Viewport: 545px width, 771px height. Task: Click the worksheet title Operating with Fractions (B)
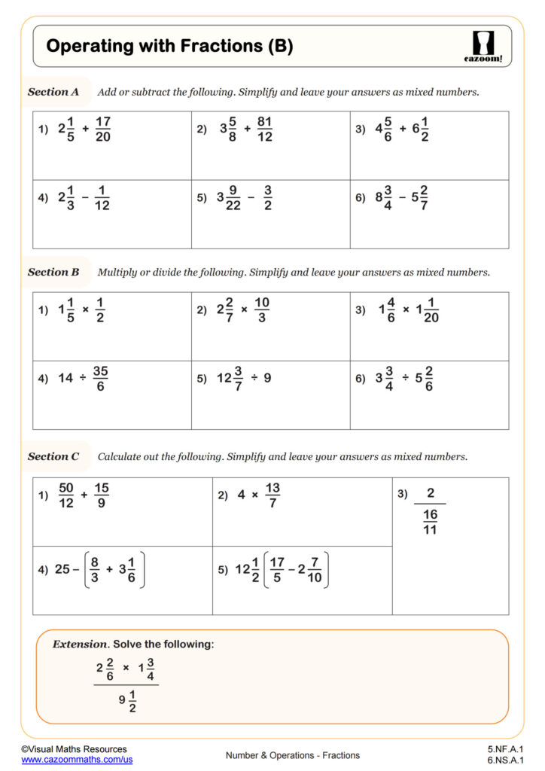pos(169,47)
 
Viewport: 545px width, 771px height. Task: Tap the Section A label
pos(53,92)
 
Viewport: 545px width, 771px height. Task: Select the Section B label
pos(53,272)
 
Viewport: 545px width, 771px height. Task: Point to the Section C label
pos(53,456)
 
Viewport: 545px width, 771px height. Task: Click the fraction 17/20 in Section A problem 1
pos(104,129)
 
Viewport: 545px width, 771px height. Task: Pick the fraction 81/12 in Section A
pos(264,129)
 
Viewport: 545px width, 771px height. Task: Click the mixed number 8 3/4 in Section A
pos(387,197)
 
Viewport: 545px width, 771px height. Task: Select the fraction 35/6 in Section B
pos(101,379)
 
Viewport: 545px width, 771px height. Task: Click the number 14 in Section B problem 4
pos(65,379)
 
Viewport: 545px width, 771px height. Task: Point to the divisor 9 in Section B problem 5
pos(267,379)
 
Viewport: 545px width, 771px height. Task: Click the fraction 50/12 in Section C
pos(66,495)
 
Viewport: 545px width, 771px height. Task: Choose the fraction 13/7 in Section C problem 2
pos(272,495)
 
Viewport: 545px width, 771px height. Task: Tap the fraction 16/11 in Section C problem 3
pos(430,522)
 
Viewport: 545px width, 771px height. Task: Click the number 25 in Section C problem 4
pos(62,569)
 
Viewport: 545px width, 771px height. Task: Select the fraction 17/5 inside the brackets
pos(277,569)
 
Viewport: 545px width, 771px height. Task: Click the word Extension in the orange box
pos(80,645)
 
